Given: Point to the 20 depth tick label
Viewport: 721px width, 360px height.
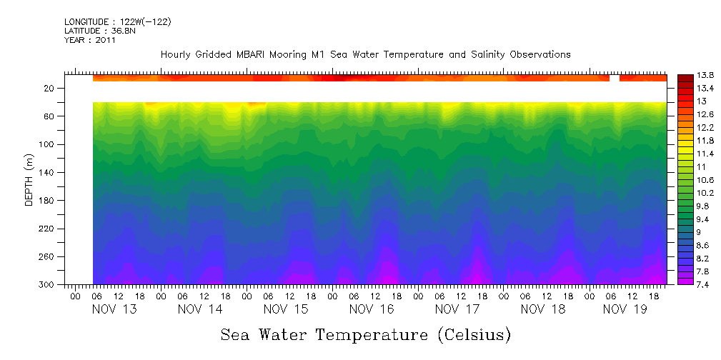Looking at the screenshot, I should (49, 89).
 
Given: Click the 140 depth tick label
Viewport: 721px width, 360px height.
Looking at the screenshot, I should (47, 173).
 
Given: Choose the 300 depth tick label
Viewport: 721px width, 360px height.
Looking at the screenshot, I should (47, 285).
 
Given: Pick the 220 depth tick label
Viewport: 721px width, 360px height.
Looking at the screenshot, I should (47, 229).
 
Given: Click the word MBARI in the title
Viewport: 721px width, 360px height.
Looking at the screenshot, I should (240, 54).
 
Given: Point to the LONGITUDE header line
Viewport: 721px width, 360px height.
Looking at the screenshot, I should (117, 22).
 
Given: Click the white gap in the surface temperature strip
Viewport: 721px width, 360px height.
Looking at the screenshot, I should (614, 78).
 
